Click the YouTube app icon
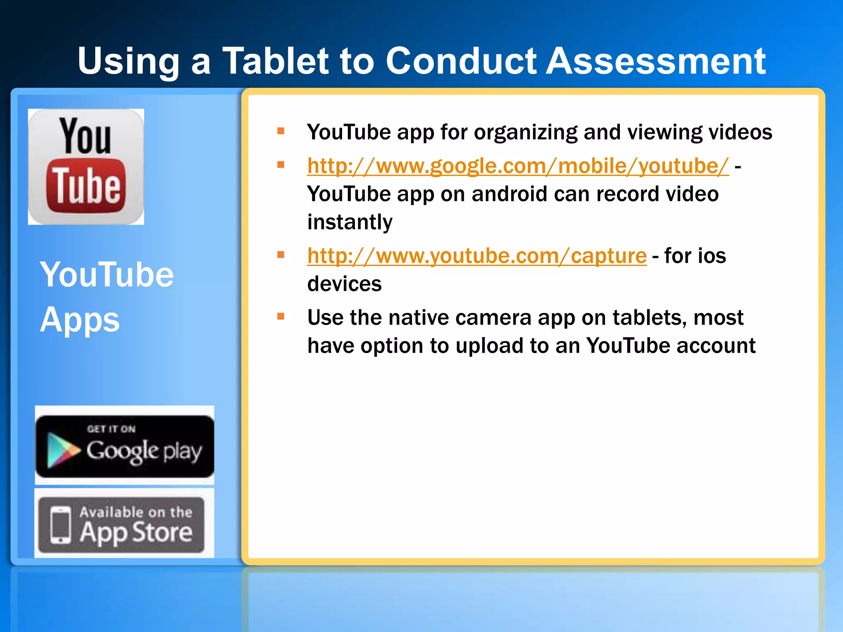[x=86, y=167]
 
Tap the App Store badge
[x=122, y=525]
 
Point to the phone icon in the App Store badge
[x=61, y=525]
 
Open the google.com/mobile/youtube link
[x=518, y=166]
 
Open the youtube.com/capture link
[x=477, y=256]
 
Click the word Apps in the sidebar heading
[x=80, y=320]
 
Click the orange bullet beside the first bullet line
[x=281, y=132]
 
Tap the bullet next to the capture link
[x=281, y=255]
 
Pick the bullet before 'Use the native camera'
[x=281, y=317]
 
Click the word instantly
[x=350, y=222]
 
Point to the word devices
[x=345, y=284]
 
